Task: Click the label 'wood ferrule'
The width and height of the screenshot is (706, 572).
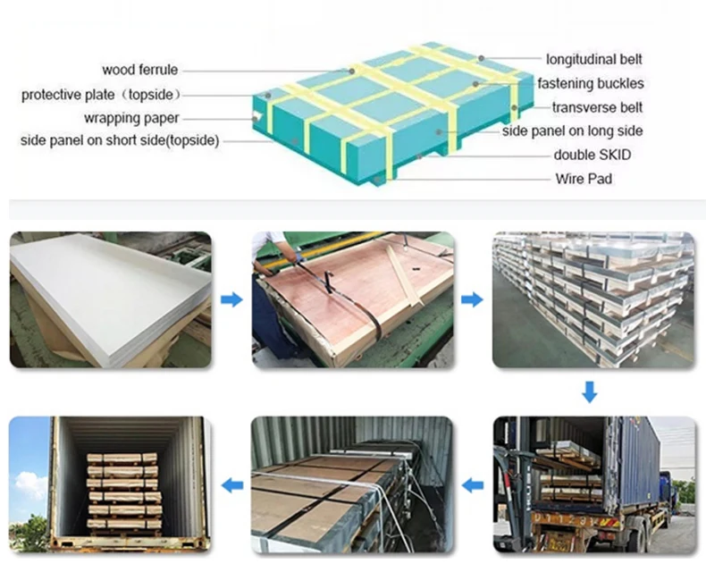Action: point(140,70)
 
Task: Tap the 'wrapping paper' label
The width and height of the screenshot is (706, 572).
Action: point(131,118)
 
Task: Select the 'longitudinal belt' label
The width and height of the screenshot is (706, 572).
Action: point(594,60)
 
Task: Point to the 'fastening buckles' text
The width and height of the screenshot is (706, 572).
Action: point(590,84)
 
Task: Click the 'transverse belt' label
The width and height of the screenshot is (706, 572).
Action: point(597,107)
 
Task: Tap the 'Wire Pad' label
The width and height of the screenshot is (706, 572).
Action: point(584,179)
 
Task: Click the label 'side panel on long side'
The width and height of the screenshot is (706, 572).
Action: point(572,131)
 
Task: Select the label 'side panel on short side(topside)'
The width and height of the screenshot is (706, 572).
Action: point(120,140)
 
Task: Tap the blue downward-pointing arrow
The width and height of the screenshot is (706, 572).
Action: point(589,391)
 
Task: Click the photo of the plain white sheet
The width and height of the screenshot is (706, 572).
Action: point(111,300)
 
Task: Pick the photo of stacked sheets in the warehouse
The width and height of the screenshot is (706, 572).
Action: point(593,300)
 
